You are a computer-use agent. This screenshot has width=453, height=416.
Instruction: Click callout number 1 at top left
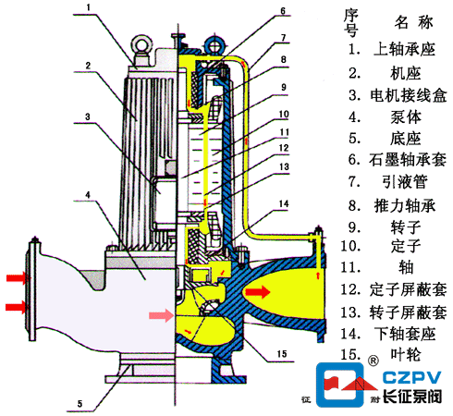pyautogui.click(x=89, y=7)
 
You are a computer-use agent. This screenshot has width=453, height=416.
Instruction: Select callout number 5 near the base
pyautogui.click(x=80, y=404)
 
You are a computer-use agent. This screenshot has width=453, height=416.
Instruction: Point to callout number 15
pyautogui.click(x=282, y=354)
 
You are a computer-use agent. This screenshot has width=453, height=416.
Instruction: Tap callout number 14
pyautogui.click(x=284, y=204)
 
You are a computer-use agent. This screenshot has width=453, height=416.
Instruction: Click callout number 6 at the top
pyautogui.click(x=283, y=11)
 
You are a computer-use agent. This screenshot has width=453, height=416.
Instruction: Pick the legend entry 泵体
pyautogui.click(x=406, y=117)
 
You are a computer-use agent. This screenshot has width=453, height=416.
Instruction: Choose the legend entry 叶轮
pyautogui.click(x=406, y=354)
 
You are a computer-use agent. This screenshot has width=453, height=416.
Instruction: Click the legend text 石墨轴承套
pyautogui.click(x=408, y=160)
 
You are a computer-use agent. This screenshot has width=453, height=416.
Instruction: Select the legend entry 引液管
pyautogui.click(x=405, y=182)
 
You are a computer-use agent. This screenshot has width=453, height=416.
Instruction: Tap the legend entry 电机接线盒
pyautogui.click(x=409, y=95)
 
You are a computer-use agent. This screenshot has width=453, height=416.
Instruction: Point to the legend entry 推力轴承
pyautogui.click(x=405, y=206)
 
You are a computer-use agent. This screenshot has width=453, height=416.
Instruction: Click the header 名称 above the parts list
pyautogui.click(x=413, y=22)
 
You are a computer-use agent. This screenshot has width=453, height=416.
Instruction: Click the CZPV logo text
pyautogui.click(x=411, y=378)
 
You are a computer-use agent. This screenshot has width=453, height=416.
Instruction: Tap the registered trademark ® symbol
pyautogui.click(x=373, y=361)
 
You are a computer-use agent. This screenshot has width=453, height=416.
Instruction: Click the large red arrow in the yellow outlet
pyautogui.click(x=258, y=292)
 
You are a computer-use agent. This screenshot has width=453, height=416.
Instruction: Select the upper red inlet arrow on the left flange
pyautogui.click(x=18, y=278)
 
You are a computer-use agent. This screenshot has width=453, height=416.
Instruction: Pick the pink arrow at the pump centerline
pyautogui.click(x=161, y=315)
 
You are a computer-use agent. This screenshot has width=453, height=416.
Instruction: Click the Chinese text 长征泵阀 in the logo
pyautogui.click(x=412, y=397)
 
